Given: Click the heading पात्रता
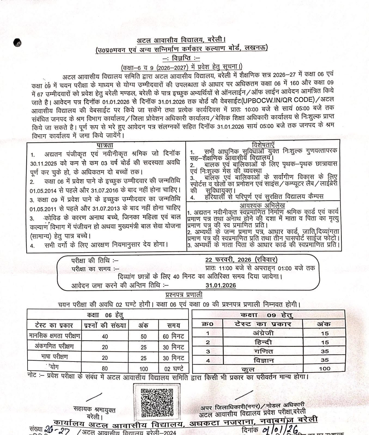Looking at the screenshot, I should point(105,145).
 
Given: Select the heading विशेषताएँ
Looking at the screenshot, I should point(263,144).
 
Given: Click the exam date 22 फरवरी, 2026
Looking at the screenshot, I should point(241,260).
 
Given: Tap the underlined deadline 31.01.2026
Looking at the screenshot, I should point(221,285).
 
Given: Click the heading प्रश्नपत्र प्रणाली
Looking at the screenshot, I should point(184,295).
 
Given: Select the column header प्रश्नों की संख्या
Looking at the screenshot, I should point(105,325).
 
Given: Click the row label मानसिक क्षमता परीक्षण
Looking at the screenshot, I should point(54,336).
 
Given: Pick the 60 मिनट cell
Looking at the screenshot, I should point(173,336).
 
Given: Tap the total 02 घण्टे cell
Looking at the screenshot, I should point(173,369).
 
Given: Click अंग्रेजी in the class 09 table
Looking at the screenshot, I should point(263,333).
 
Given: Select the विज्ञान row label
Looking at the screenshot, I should point(263,360).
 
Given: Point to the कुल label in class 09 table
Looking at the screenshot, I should point(248,369).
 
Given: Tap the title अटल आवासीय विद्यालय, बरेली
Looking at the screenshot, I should point(181,41).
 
